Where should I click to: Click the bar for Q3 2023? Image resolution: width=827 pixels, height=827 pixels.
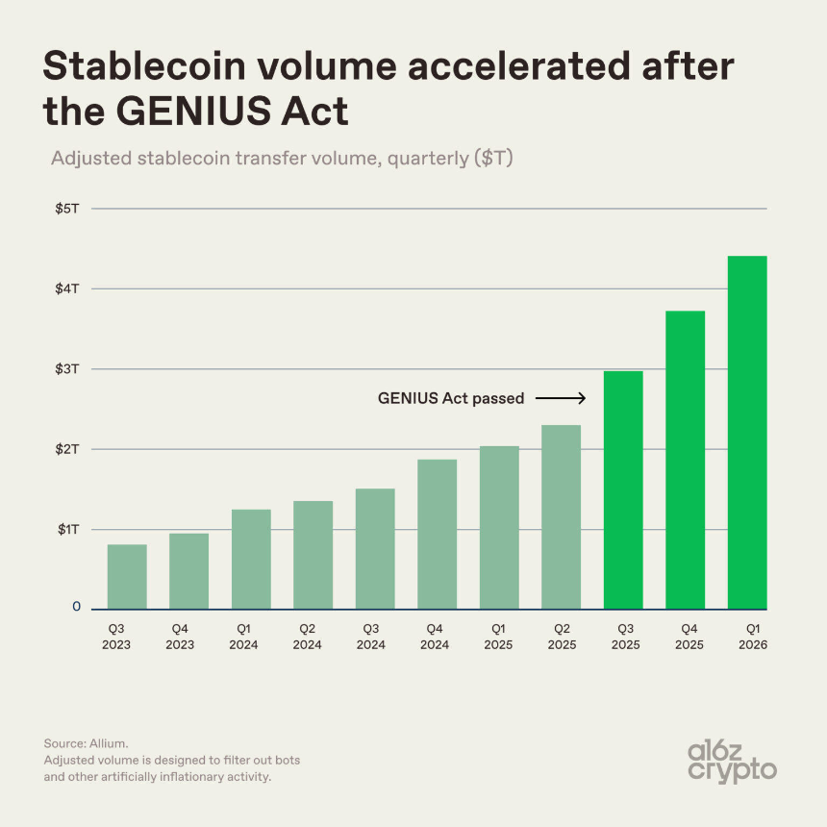point(127,577)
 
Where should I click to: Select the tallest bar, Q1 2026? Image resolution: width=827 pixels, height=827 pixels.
point(747,433)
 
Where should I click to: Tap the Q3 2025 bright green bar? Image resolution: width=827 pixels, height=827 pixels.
point(623,490)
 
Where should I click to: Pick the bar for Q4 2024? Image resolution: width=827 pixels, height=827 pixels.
point(438,535)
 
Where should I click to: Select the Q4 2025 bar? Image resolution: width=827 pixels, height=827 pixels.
point(685,461)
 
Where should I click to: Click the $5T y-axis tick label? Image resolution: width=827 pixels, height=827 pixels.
point(68,209)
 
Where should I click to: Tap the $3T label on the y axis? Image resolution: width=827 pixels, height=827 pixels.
point(68,369)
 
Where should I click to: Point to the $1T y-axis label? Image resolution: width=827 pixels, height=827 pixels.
point(68,530)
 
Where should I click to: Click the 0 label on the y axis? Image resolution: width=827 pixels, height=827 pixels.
point(75,608)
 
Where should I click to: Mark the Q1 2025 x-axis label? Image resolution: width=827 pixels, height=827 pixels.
point(499,636)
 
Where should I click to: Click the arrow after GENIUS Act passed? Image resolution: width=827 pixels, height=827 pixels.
point(561,398)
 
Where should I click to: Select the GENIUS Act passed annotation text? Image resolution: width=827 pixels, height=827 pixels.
point(451,398)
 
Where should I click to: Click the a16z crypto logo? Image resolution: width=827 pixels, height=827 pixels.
point(734,761)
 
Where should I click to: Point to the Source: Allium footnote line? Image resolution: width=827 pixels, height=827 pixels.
point(86,743)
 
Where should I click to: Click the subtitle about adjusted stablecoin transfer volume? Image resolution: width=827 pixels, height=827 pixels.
point(282,158)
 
